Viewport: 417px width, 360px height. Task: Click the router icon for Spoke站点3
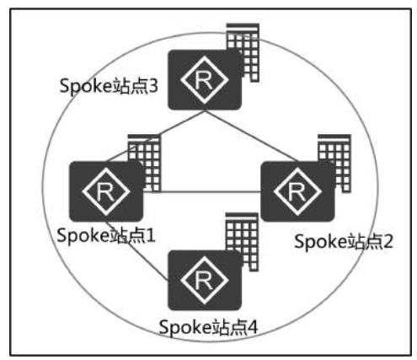click(205, 80)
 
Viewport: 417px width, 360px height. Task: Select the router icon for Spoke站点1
click(106, 191)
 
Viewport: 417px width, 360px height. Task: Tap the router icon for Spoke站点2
click(297, 191)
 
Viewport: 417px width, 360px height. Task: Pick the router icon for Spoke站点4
click(205, 280)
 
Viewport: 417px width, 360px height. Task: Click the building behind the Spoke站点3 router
click(243, 52)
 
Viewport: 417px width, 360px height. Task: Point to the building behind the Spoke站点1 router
click(145, 163)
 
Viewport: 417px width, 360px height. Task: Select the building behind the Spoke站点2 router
click(334, 163)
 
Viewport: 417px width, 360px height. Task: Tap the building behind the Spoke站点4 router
click(242, 242)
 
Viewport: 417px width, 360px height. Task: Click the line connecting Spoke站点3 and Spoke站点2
click(251, 136)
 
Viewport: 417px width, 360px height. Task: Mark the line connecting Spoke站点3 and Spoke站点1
click(155, 136)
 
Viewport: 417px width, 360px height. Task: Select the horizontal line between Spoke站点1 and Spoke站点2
click(202, 192)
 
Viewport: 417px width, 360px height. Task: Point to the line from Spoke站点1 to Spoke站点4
click(137, 251)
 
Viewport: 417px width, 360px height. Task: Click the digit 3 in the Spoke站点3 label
click(152, 86)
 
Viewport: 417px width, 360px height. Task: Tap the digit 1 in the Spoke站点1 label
click(150, 235)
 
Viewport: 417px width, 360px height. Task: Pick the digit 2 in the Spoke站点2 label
click(387, 241)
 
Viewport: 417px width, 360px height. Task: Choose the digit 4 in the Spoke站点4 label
click(252, 327)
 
